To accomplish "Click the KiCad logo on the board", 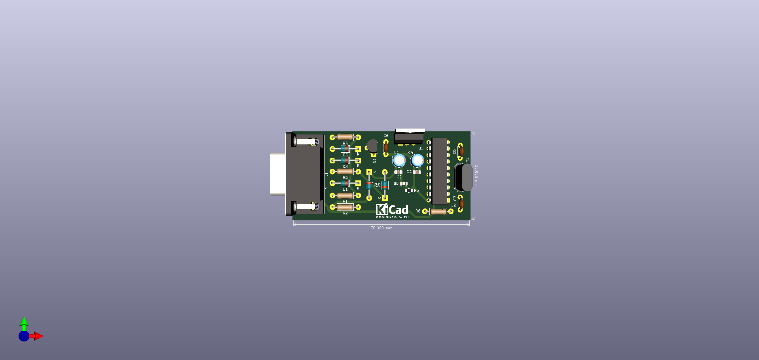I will [x=392, y=210].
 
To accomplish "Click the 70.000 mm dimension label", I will [x=381, y=228].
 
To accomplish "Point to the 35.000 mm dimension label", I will [x=476, y=175].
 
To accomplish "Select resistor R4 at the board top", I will [x=345, y=137].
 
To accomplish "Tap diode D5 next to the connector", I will [x=345, y=149].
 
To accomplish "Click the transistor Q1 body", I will [x=372, y=146].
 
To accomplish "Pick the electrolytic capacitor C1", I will [x=399, y=161].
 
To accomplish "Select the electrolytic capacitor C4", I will [x=417, y=161].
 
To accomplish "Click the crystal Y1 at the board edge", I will [x=463, y=177].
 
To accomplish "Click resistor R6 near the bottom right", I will [x=438, y=212].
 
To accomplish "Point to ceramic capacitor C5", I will [x=461, y=150].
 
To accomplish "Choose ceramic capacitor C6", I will [x=386, y=147].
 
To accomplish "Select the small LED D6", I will [x=403, y=184].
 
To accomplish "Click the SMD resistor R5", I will [x=409, y=191].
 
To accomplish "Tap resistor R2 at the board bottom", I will [x=345, y=207].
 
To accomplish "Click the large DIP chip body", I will [x=439, y=171].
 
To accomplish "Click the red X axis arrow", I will [x=38, y=336].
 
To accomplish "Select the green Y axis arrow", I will [x=24, y=321].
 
